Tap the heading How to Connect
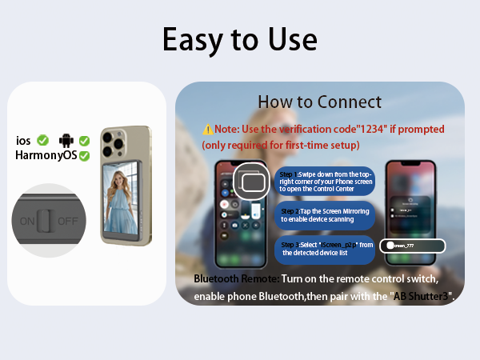click(319, 102)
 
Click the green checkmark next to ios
click(42, 141)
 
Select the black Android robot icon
click(66, 141)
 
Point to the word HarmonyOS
click(46, 155)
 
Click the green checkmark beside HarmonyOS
click(83, 155)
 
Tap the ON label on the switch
click(28, 220)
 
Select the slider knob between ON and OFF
click(47, 220)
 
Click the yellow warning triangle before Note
click(207, 129)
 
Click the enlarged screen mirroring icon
click(254, 183)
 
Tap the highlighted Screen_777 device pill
click(410, 246)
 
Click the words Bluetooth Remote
click(236, 278)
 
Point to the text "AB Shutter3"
click(420, 296)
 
